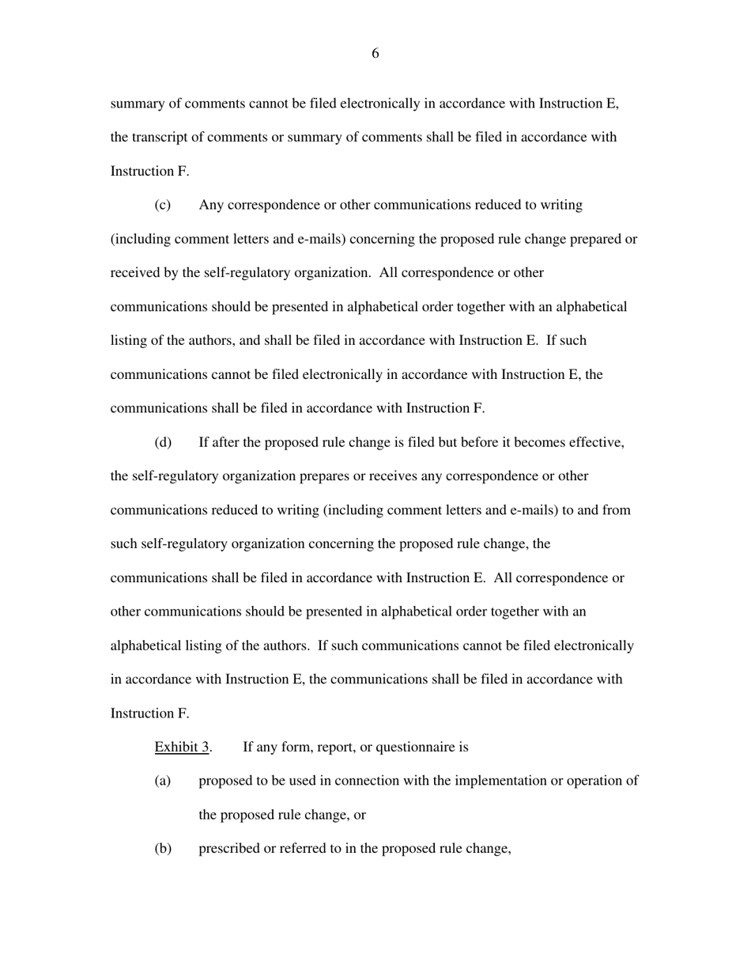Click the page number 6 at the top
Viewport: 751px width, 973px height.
pyautogui.click(x=375, y=54)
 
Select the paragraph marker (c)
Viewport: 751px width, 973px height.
pyautogui.click(x=163, y=205)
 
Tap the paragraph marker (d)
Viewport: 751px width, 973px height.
pyautogui.click(x=163, y=442)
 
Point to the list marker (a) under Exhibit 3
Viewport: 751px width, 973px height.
pyautogui.click(x=163, y=781)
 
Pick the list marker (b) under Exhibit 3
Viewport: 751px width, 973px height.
pyautogui.click(x=163, y=849)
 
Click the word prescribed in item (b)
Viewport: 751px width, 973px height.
pyautogui.click(x=229, y=849)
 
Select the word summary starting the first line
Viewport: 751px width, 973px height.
pyautogui.click(x=135, y=104)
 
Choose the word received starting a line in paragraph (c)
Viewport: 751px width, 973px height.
pyautogui.click(x=133, y=273)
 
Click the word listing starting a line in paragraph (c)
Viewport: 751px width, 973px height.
pyautogui.click(x=128, y=341)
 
